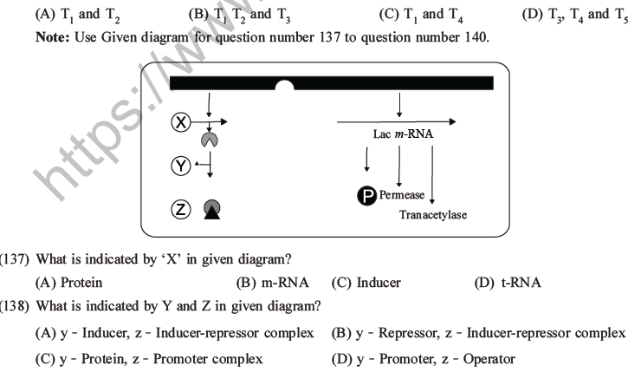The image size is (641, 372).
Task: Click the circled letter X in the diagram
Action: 180,123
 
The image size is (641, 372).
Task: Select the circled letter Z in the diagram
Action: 180,209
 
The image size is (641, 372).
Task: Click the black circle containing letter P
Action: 366,194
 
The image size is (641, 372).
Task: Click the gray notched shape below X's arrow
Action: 210,140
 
